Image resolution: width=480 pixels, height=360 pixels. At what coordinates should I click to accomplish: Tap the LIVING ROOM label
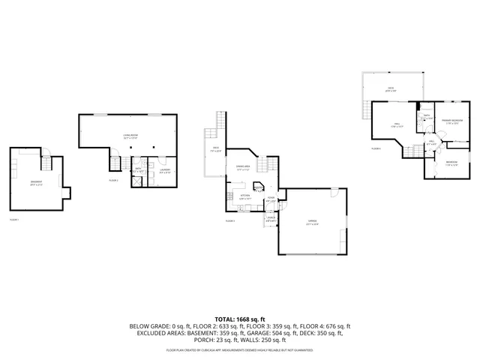point(130,136)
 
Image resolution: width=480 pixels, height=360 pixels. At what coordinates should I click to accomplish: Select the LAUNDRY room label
point(165,170)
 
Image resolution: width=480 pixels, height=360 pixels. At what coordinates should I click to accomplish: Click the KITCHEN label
point(244,196)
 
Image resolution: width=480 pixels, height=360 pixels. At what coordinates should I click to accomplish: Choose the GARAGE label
point(312,221)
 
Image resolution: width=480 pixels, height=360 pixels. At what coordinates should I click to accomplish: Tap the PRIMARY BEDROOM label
point(451,121)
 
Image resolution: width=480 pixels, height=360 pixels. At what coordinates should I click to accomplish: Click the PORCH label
point(270,219)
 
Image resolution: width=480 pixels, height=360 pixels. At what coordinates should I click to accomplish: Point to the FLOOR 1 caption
point(14,220)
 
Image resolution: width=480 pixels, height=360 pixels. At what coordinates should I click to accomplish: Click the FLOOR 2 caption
point(114,181)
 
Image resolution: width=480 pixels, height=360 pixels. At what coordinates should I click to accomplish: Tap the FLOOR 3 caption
point(230,220)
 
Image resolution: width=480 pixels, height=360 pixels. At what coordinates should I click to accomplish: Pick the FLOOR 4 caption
point(376,148)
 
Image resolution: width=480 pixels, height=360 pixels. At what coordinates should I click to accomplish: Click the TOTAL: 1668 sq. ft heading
point(240,319)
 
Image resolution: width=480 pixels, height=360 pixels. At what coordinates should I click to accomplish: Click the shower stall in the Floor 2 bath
point(138,179)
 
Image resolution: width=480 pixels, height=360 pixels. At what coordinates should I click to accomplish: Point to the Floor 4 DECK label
point(391,88)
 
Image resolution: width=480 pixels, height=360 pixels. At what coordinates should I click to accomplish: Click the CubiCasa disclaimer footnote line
point(240,350)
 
